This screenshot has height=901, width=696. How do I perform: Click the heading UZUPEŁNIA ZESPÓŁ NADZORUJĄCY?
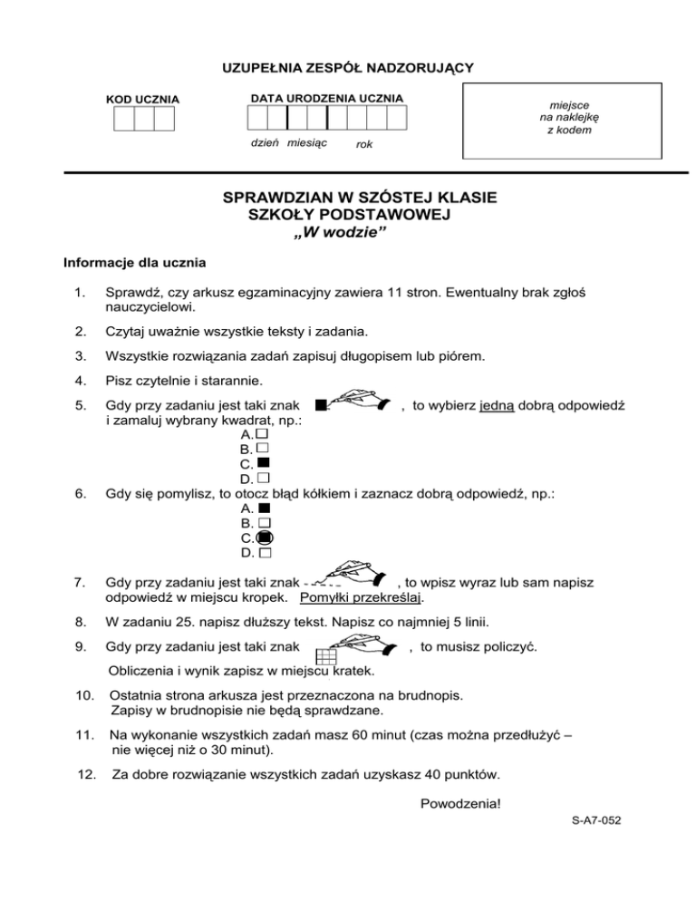coord(347,67)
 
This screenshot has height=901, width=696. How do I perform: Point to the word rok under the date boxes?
coord(364,144)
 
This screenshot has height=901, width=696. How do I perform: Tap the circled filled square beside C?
coord(264,537)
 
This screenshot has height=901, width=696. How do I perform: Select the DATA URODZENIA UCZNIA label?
coord(326,98)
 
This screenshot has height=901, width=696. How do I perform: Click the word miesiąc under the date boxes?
coord(307,143)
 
